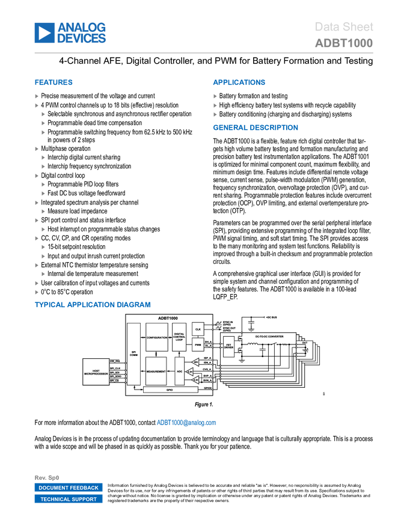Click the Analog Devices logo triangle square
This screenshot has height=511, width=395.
pyautogui.click(x=44, y=33)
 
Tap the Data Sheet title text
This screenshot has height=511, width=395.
pyautogui.click(x=344, y=26)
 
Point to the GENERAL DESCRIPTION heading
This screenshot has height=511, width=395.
pyautogui.click(x=255, y=127)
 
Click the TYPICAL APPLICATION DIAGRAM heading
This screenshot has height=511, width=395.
pyautogui.click(x=93, y=305)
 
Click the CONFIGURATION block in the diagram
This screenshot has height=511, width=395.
pyautogui.click(x=157, y=338)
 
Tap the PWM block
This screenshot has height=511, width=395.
pyautogui.click(x=198, y=345)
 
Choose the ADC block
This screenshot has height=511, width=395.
pyautogui.click(x=179, y=372)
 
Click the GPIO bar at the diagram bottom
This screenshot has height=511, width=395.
pyautogui.click(x=170, y=390)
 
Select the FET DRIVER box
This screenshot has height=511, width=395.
pyautogui.click(x=228, y=346)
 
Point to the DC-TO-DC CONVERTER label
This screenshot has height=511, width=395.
pyautogui.click(x=269, y=336)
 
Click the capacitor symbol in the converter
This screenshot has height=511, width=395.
pyautogui.click(x=263, y=349)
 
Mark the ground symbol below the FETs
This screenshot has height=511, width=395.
pyautogui.click(x=242, y=361)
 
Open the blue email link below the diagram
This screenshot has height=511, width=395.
pyautogui.click(x=186, y=423)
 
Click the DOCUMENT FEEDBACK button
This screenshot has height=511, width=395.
pyautogui.click(x=69, y=488)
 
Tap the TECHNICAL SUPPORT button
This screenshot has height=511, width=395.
pyautogui.click(x=69, y=500)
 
